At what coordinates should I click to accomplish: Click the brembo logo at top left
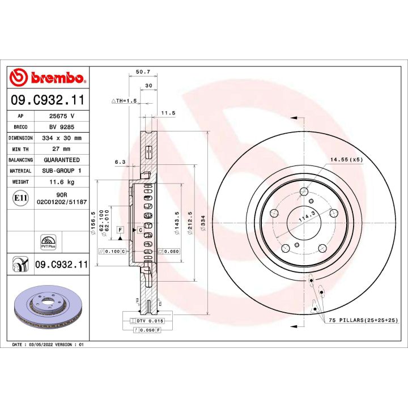coord(48,78)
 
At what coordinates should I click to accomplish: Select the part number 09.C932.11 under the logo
coord(48,100)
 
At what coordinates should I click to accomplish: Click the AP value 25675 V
coord(62,116)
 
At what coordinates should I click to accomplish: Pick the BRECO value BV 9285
coord(62,127)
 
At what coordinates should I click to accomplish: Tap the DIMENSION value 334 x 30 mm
coord(62,138)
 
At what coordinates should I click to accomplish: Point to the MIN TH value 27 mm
coord(62,148)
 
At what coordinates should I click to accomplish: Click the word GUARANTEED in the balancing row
coord(62,160)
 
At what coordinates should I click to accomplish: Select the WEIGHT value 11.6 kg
coord(62,182)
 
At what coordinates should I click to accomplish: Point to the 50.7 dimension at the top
coord(143,72)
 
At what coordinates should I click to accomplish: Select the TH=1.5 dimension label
coord(124,100)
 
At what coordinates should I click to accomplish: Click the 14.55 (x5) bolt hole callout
coord(346,160)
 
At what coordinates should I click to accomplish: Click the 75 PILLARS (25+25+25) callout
coord(364,321)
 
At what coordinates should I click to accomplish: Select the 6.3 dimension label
coord(120,161)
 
